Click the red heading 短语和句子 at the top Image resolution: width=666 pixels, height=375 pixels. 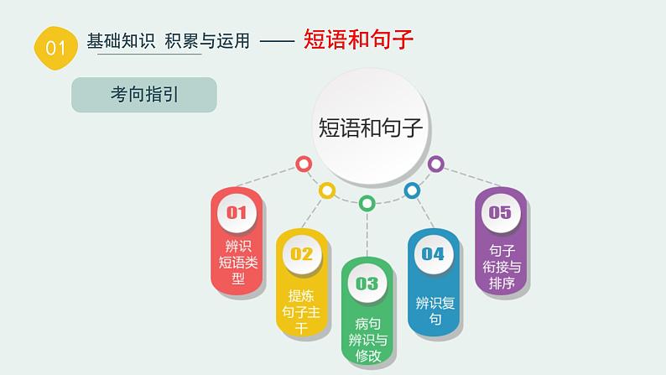[358, 39]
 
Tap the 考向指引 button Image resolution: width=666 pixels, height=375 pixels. [144, 95]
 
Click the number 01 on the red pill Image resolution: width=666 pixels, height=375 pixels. [237, 212]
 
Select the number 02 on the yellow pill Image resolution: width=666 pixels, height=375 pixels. [301, 253]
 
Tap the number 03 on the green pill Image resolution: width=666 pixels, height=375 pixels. [367, 283]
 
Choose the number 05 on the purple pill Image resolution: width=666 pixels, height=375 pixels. [500, 212]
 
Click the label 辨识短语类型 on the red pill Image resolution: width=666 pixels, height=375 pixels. [239, 263]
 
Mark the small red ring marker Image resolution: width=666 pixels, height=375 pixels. [304, 164]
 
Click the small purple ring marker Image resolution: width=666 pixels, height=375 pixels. [435, 164]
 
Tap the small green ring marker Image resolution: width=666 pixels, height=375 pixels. [367, 203]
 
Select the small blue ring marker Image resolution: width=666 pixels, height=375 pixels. [411, 190]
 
